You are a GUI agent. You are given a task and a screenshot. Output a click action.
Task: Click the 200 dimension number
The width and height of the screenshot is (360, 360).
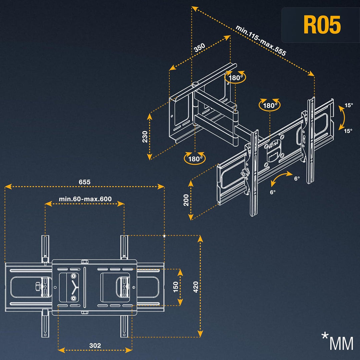[x=186, y=200]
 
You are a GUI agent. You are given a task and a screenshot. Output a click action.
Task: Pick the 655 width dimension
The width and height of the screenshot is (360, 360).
[x=84, y=182]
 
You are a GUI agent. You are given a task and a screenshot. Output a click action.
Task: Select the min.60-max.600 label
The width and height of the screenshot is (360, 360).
[x=85, y=199]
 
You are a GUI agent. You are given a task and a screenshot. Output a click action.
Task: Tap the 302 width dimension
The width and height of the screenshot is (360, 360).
[x=95, y=346]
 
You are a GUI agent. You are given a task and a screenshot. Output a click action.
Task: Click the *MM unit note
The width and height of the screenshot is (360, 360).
[x=337, y=342]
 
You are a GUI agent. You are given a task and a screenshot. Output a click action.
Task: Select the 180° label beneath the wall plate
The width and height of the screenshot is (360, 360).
[x=195, y=159]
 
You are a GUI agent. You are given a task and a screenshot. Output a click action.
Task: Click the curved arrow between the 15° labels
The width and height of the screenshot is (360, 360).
[x=342, y=118]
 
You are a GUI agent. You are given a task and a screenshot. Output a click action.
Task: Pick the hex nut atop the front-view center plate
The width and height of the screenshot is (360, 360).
[x=84, y=262]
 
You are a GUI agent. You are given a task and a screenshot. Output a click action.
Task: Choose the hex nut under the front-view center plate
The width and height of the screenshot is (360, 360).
[x=84, y=312]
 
